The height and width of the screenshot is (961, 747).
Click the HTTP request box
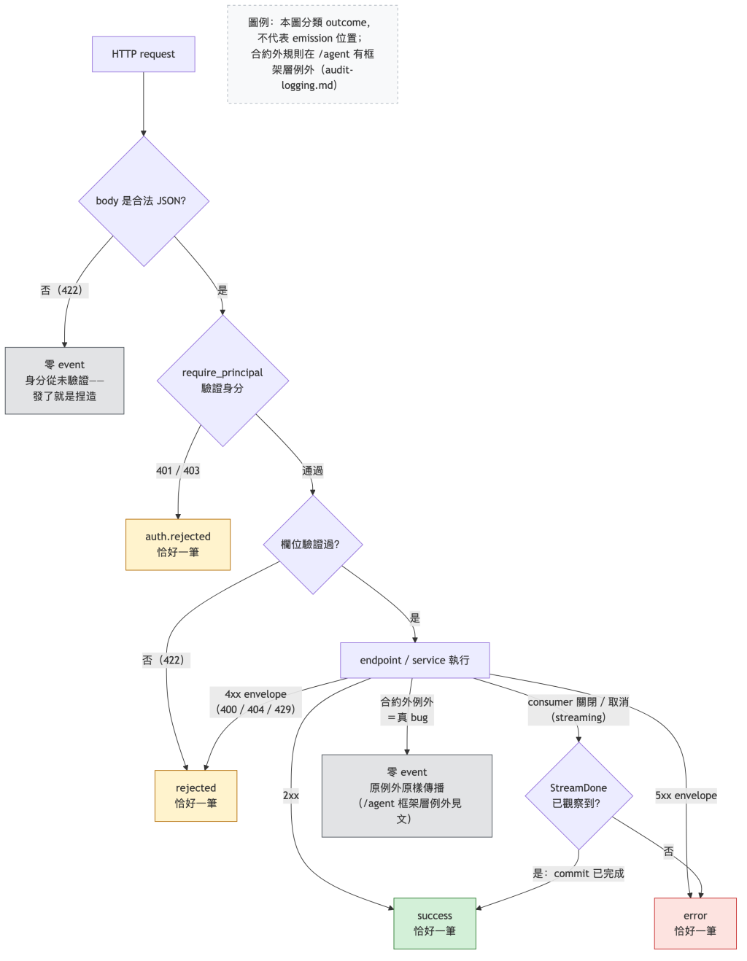(x=143, y=54)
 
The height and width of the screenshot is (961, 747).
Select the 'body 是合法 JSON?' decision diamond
(x=144, y=201)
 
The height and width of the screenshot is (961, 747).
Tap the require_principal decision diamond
(x=222, y=381)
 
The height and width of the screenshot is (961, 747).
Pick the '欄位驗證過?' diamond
(x=313, y=544)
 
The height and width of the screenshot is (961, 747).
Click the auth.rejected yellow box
(x=178, y=544)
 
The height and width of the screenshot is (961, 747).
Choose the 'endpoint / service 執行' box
(x=414, y=660)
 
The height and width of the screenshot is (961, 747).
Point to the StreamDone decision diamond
(x=578, y=795)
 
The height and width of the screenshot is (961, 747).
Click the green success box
(x=434, y=923)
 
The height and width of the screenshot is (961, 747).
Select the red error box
(x=694, y=923)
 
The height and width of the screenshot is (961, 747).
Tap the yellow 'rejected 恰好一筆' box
(x=196, y=795)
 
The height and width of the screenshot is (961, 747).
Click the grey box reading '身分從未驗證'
(x=65, y=381)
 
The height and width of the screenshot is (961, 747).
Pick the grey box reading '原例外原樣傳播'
(x=406, y=795)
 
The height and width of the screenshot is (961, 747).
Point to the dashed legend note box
(x=312, y=54)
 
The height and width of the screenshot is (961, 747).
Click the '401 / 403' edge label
(x=178, y=470)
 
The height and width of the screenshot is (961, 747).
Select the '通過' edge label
(x=312, y=470)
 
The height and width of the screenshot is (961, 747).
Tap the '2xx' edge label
(x=290, y=795)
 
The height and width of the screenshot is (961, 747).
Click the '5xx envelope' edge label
(x=686, y=795)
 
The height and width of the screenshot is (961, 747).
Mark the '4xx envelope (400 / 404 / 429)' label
(x=255, y=701)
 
